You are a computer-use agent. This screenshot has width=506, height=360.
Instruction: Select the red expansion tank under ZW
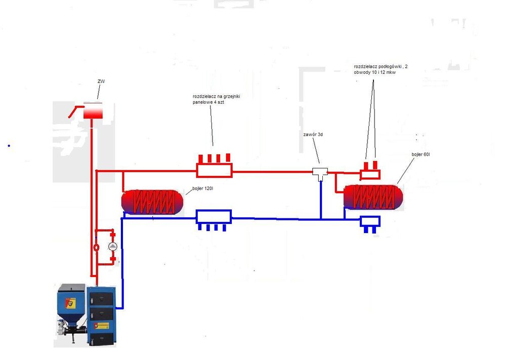93,111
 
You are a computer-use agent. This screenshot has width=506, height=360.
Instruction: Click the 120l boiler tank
152,202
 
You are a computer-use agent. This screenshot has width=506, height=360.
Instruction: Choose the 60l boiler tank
373,197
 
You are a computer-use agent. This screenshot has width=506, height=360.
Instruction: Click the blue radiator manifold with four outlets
214,217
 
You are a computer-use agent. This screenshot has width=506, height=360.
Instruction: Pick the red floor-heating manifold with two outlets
370,173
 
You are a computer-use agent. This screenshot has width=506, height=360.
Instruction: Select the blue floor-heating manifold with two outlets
369,221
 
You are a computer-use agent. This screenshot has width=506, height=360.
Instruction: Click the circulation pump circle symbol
113,247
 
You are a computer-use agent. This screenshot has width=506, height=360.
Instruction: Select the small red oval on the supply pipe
96,248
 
